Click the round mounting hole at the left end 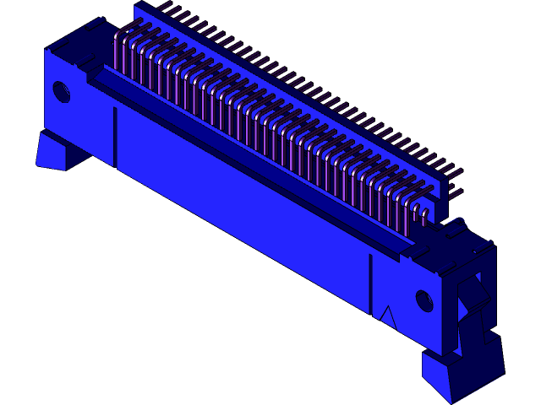(x=62, y=90)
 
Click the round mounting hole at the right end (x=424, y=300)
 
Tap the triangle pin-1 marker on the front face (x=387, y=316)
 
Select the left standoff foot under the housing (x=52, y=151)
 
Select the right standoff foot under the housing (x=456, y=375)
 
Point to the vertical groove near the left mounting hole (x=115, y=135)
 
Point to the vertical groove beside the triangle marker (x=370, y=283)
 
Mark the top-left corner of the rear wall (x=135, y=7)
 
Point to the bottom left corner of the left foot (x=36, y=165)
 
